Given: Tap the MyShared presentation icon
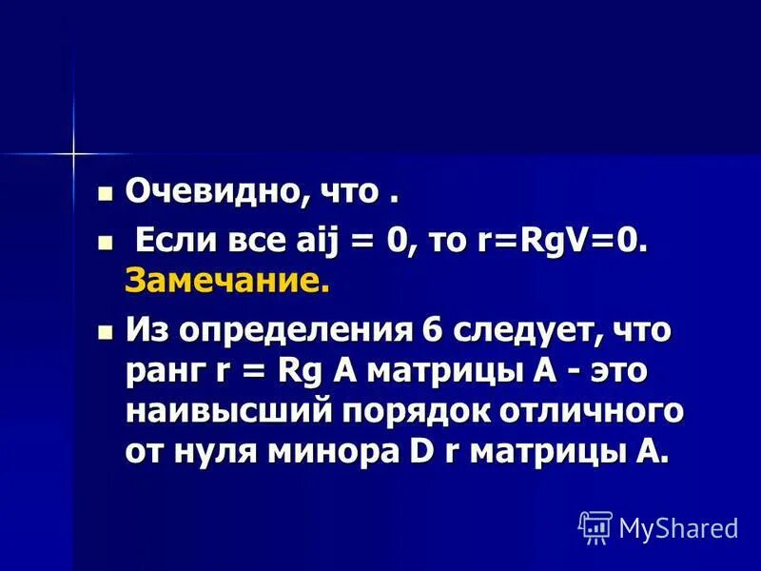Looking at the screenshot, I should tap(595, 526).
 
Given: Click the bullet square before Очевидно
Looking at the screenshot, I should tap(106, 193).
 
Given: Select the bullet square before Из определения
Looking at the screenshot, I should tap(106, 334).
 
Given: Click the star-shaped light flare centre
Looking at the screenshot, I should tap(72, 152).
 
